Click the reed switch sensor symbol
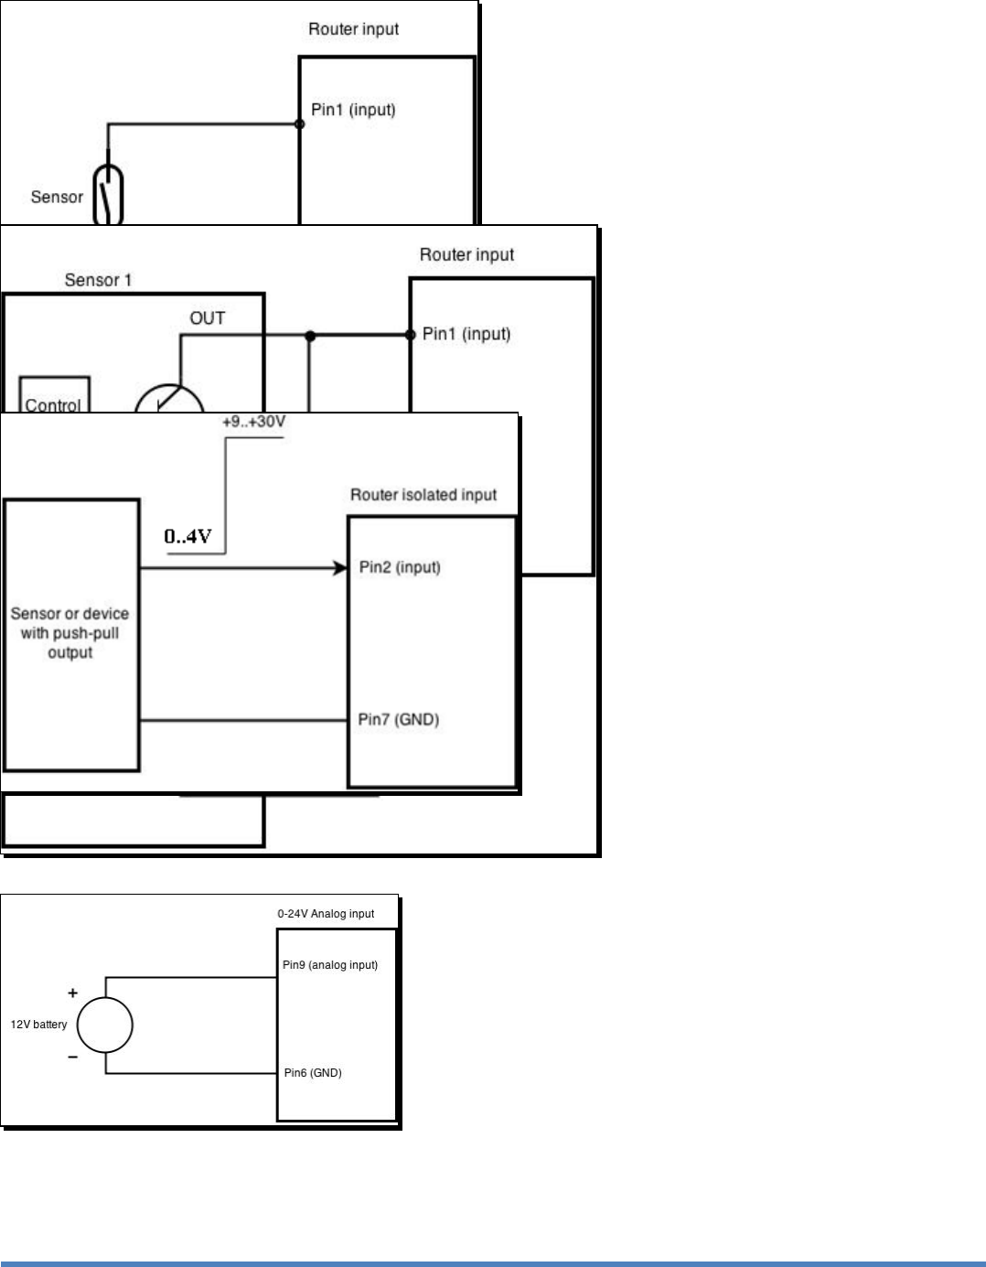[109, 195]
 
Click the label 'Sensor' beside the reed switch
[57, 197]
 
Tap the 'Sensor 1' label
[98, 280]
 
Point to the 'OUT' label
[208, 318]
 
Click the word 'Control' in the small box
[53, 405]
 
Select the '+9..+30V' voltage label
[254, 422]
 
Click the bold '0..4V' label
[188, 536]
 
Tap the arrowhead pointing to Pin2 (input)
[340, 568]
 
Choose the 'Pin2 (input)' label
[400, 567]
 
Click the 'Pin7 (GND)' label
[399, 720]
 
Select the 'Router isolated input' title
[423, 494]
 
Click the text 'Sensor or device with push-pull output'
[70, 633]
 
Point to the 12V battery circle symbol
[105, 1025]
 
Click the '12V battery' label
[39, 1025]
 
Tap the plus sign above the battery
[73, 993]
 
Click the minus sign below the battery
[73, 1057]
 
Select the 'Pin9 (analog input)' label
[330, 965]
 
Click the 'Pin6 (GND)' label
[313, 1073]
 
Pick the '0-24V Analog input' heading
[326, 914]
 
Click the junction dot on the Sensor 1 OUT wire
[310, 336]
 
